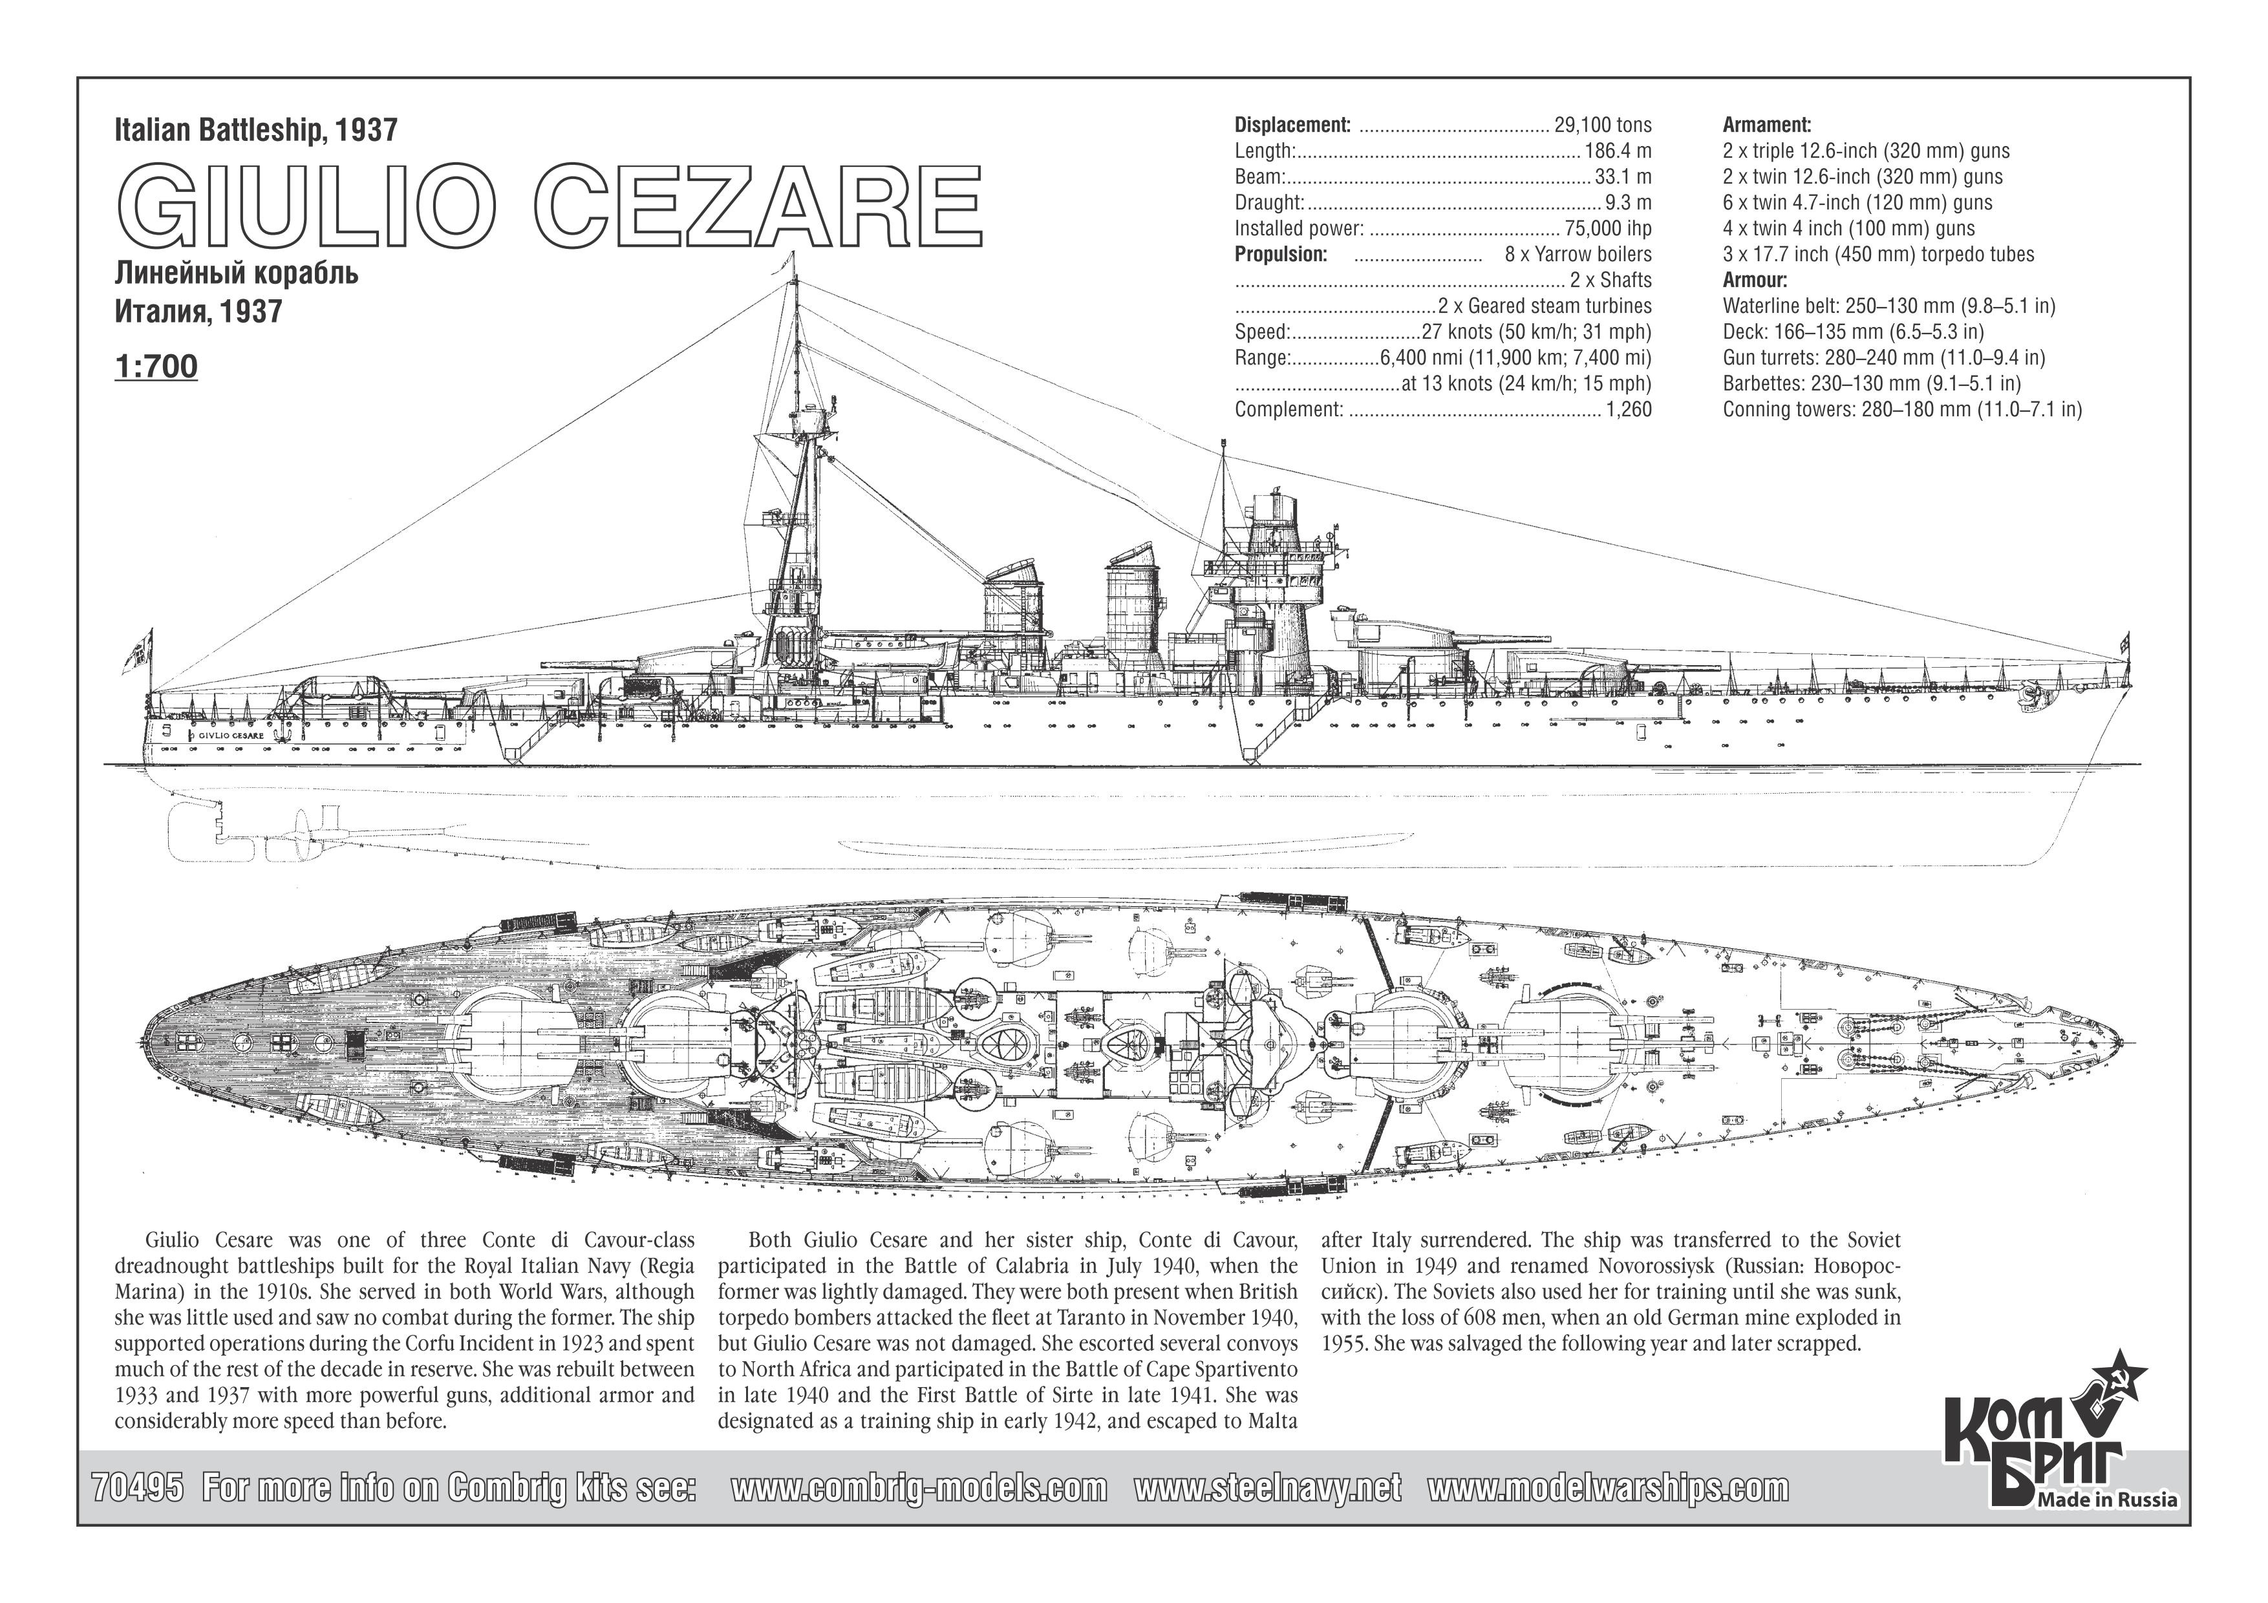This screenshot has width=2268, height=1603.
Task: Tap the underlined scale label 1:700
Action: (x=156, y=366)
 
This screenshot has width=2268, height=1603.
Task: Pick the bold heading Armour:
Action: (x=1755, y=279)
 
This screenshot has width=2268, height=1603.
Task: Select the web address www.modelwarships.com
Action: (x=1608, y=1487)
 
